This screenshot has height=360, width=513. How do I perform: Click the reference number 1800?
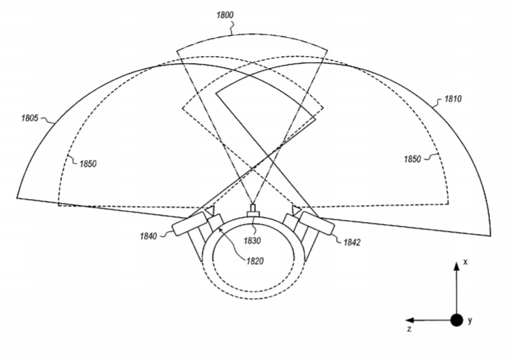click(x=225, y=15)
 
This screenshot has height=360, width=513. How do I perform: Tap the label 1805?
click(x=30, y=118)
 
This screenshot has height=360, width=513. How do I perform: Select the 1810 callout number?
click(x=453, y=99)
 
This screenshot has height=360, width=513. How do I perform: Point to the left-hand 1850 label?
click(x=88, y=164)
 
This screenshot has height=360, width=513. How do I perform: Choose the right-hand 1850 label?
click(x=412, y=159)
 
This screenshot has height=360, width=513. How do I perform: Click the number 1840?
click(x=148, y=236)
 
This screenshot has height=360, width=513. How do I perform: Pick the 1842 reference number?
click(x=352, y=242)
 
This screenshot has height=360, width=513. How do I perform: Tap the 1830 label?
click(x=252, y=241)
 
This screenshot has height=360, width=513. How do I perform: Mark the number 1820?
click(x=255, y=261)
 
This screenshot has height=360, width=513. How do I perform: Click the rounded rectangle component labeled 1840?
click(x=190, y=223)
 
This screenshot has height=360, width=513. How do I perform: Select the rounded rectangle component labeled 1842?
click(x=317, y=223)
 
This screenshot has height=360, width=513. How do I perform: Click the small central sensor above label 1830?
click(x=253, y=210)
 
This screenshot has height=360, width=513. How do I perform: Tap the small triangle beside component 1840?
click(x=209, y=210)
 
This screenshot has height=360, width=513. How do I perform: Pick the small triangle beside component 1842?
click(x=297, y=210)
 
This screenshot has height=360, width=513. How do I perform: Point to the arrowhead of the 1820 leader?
click(x=220, y=230)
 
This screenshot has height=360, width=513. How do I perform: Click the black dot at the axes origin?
click(x=457, y=320)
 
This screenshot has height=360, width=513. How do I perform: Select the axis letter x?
click(x=465, y=262)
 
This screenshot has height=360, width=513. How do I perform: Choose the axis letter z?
click(x=409, y=329)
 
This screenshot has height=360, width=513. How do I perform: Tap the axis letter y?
click(x=470, y=320)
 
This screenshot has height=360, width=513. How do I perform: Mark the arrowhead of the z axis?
click(x=409, y=320)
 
